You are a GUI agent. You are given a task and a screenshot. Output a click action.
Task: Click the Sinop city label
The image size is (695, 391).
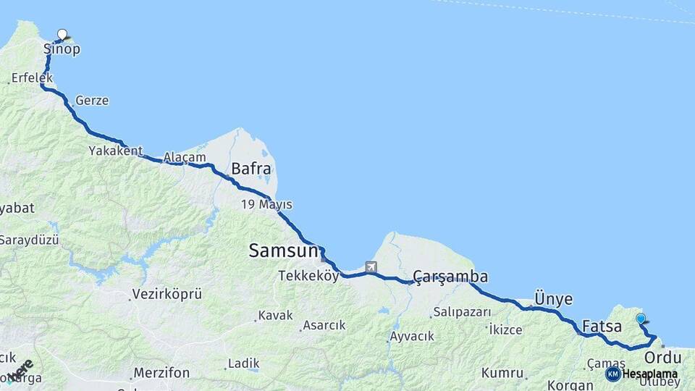[x=62, y=50]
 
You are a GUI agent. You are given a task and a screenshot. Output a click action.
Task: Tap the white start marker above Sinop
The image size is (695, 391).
[x=62, y=34]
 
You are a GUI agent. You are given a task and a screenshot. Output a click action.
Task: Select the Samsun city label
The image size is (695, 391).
[x=283, y=251]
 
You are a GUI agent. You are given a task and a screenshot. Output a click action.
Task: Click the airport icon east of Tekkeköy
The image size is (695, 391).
[x=371, y=266]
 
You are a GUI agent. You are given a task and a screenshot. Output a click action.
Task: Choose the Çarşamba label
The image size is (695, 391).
[x=450, y=277]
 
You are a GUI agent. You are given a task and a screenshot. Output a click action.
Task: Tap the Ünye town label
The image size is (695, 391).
[x=553, y=299]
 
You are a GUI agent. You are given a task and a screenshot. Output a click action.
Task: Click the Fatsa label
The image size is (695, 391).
[x=602, y=327]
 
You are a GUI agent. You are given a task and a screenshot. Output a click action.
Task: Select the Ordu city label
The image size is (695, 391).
[x=662, y=358]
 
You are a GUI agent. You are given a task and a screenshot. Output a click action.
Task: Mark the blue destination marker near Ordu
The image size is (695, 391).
[x=640, y=319]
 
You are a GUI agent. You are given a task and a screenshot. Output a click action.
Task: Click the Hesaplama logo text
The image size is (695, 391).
[x=649, y=374]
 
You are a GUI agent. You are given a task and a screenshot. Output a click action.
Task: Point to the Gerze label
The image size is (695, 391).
[x=92, y=101]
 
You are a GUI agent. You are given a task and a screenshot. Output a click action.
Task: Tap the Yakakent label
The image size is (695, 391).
[x=116, y=151]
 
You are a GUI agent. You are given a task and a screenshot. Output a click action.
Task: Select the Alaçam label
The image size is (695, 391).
[x=185, y=157]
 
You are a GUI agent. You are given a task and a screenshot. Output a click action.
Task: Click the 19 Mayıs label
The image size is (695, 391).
[x=266, y=205]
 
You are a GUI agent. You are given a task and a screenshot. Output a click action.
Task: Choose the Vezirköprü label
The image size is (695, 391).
[x=167, y=295]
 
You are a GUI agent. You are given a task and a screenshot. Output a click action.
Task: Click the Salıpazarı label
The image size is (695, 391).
[x=461, y=313]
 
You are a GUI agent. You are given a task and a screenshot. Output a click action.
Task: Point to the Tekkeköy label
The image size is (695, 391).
[x=308, y=276]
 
